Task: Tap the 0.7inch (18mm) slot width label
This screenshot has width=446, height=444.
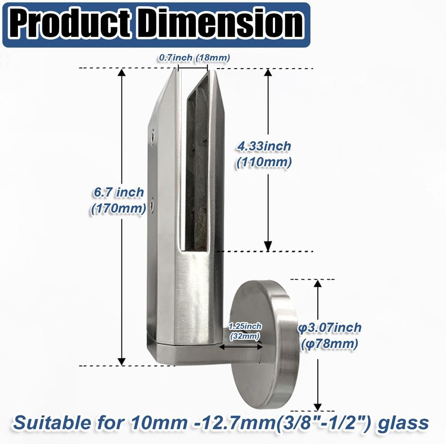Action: [x=195, y=58]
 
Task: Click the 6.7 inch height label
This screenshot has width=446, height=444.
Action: [x=118, y=193]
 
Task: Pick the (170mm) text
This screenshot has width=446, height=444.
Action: [x=118, y=209]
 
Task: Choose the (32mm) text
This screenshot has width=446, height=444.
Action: [x=245, y=337]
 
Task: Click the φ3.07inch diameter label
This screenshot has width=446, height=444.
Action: [x=329, y=328]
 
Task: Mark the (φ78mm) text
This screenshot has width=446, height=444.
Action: [x=329, y=344]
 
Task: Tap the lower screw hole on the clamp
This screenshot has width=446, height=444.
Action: [x=153, y=204]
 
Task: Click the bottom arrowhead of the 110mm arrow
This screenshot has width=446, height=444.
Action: [x=268, y=246]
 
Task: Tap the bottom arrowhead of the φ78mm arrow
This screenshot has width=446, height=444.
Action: [x=317, y=406]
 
